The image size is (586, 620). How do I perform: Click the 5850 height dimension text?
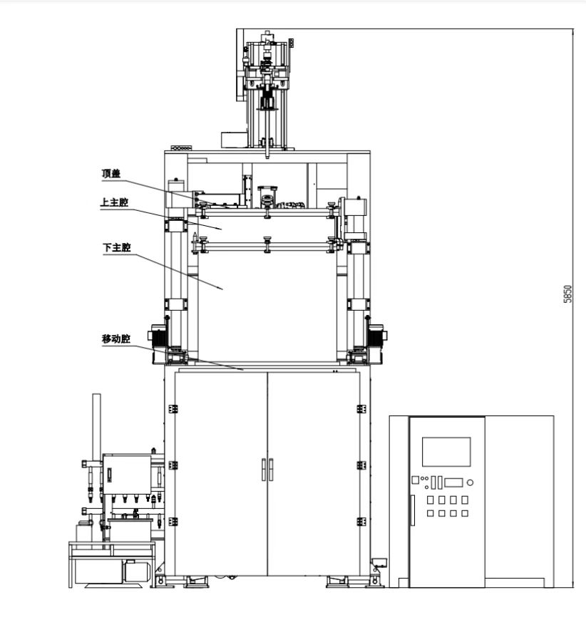(x=567, y=294)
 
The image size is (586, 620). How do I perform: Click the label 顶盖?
(x=110, y=173)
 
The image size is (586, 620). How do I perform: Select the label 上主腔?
(x=114, y=202)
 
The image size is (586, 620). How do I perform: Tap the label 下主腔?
(x=117, y=247)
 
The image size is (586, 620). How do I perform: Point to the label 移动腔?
(x=116, y=339)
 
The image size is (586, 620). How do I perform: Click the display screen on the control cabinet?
(x=446, y=452)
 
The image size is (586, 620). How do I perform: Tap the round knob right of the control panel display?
(x=470, y=482)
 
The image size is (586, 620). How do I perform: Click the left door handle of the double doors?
(x=264, y=470)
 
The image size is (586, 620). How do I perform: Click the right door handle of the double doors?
(x=271, y=470)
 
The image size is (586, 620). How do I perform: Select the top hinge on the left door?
(x=173, y=409)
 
